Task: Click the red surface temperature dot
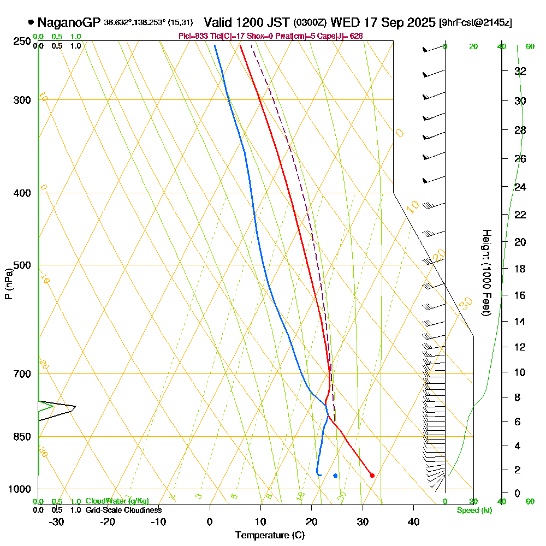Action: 372,475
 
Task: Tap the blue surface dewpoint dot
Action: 335,476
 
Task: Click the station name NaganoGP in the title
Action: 69,22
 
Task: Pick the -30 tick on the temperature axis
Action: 57,521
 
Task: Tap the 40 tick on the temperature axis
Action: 413,521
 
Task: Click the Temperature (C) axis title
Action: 270,535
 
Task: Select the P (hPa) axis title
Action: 8,283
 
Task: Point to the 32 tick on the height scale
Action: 520,71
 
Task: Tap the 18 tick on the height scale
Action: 520,269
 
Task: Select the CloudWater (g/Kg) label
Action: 117,501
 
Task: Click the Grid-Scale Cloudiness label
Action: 123,510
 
